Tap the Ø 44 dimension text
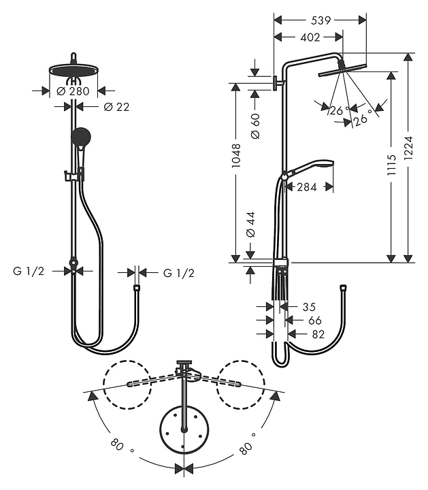pos(251,224)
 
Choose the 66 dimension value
pos(314,320)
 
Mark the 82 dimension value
pos(316,334)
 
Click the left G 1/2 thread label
pos(29,272)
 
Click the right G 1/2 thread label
pos(178,273)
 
